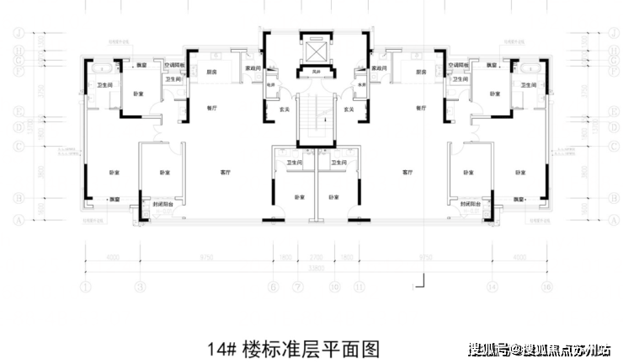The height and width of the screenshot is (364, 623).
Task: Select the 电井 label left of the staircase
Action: pos(271,85)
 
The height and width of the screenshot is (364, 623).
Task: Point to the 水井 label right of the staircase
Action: pos(359,85)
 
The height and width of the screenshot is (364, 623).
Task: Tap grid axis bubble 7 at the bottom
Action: pos(296,287)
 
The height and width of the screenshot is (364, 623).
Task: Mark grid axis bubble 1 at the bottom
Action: pos(87,287)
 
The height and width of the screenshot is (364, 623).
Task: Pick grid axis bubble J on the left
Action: pos(18,34)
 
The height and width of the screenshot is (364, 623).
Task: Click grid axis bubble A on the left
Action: pos(18,217)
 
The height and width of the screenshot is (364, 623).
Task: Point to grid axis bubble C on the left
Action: pos(18,146)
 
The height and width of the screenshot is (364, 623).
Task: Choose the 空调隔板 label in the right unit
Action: pos(460,64)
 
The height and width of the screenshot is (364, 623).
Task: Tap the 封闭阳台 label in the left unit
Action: pos(164,205)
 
